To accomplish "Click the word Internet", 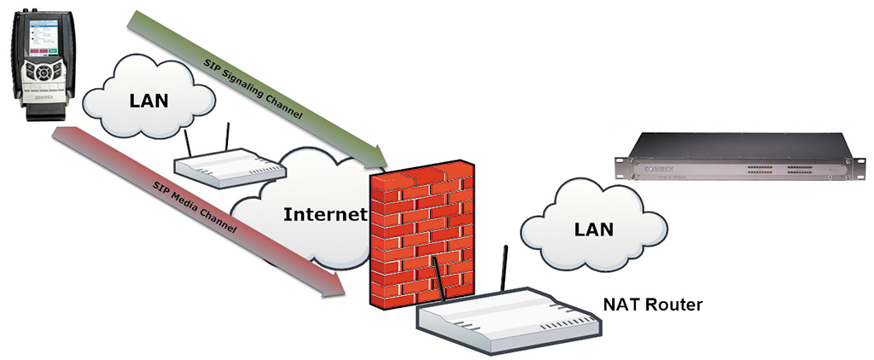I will (x=323, y=212).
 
